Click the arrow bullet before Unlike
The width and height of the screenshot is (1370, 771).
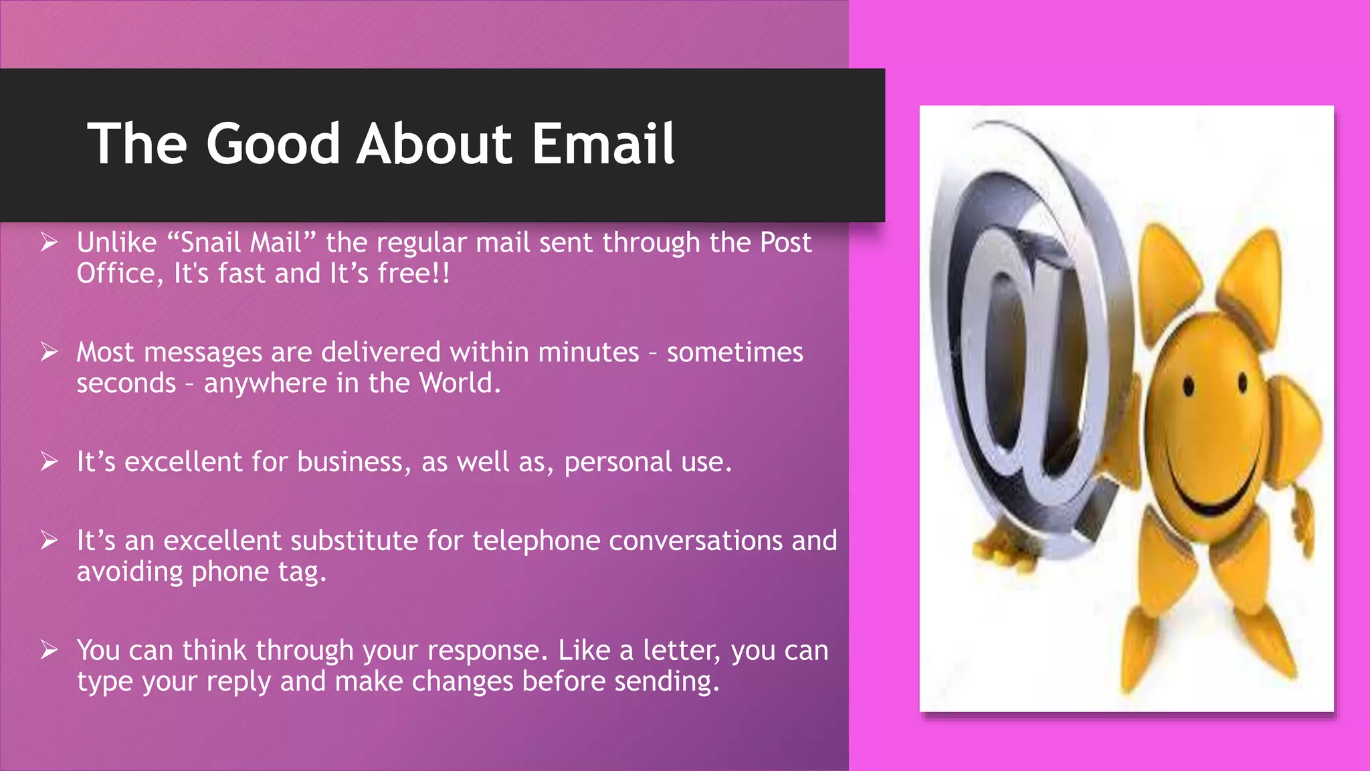pyautogui.click(x=49, y=242)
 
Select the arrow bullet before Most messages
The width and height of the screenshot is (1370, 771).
pyautogui.click(x=49, y=351)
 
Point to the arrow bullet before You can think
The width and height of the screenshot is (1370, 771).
pyautogui.click(x=49, y=649)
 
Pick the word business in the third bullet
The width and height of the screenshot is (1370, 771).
pyautogui.click(x=350, y=462)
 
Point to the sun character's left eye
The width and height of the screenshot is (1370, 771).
pyautogui.click(x=1189, y=386)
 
